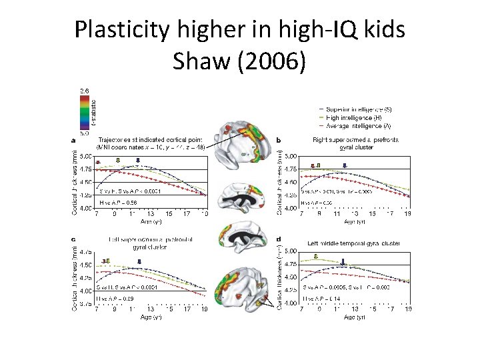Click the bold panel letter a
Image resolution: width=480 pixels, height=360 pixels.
pyautogui.click(x=73, y=140)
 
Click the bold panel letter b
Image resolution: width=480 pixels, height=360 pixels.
pyautogui.click(x=278, y=140)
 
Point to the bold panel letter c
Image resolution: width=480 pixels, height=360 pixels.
pyautogui.click(x=73, y=238)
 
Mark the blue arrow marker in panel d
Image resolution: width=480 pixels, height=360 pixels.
pyautogui.click(x=343, y=262)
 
